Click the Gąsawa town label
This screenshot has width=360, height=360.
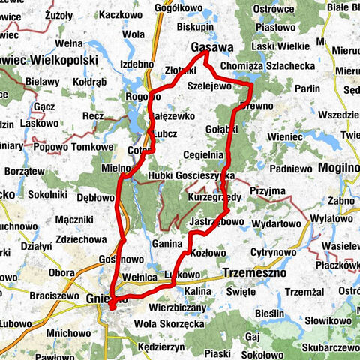[211, 46]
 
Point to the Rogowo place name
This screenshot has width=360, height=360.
[143, 97]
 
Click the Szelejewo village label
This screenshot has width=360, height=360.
[212, 85]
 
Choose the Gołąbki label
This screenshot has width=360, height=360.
[220, 129]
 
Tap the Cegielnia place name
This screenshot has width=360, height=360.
[203, 155]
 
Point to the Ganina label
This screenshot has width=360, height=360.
[167, 244]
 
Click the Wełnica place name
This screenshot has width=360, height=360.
[142, 278]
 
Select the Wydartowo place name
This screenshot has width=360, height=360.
[275, 224]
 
